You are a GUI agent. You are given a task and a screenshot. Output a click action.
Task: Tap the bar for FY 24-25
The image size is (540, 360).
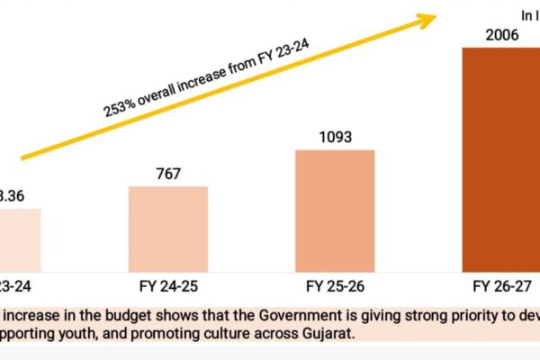pos(167,229)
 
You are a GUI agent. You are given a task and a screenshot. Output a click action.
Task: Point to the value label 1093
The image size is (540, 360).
pos(335,138)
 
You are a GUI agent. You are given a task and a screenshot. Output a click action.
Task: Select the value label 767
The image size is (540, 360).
pos(167,174)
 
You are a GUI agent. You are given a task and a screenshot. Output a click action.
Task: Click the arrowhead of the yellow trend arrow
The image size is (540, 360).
pos(429,17)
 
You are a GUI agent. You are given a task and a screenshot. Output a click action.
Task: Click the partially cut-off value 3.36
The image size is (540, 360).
pos(16,194)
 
